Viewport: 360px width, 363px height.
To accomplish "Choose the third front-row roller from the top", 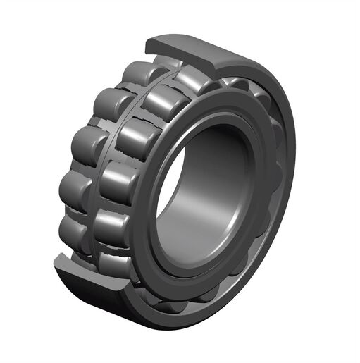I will pyautogui.click(x=137, y=137).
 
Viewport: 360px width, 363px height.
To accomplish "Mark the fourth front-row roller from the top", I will pyautogui.click(x=120, y=182).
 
